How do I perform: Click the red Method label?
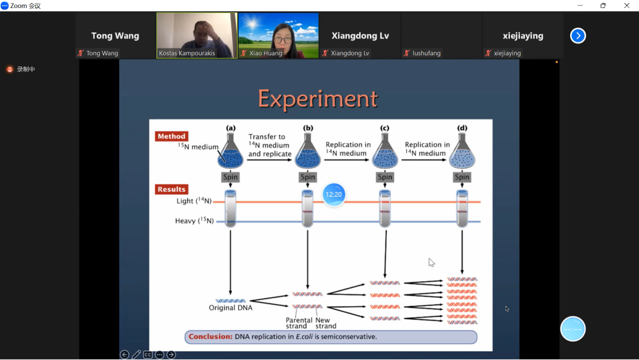pyautogui.click(x=172, y=136)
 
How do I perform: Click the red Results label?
pyautogui.click(x=172, y=189)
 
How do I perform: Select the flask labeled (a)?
pyautogui.click(x=230, y=151)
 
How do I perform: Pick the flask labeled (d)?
pyautogui.click(x=462, y=151)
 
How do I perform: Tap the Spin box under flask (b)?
pyautogui.click(x=308, y=177)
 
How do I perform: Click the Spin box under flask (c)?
pyautogui.click(x=385, y=177)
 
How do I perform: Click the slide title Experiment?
pyautogui.click(x=318, y=99)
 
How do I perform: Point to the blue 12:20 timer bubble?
pyautogui.click(x=334, y=194)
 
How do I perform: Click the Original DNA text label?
pyautogui.click(x=231, y=308)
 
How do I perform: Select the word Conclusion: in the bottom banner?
pyautogui.click(x=210, y=337)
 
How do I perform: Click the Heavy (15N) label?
pyautogui.click(x=194, y=220)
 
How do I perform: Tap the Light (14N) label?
pyautogui.click(x=194, y=200)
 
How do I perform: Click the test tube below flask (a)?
pyautogui.click(x=230, y=209)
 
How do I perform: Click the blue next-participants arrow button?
pyautogui.click(x=578, y=36)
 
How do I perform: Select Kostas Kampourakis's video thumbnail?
pyautogui.click(x=197, y=35)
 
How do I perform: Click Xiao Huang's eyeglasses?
pyautogui.click(x=283, y=40)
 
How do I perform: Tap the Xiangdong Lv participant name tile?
pyautogui.click(x=360, y=35)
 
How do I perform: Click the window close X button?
pyautogui.click(x=627, y=6)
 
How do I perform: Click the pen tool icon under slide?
pyautogui.click(x=136, y=354)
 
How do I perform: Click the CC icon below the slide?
pyautogui.click(x=148, y=354)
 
